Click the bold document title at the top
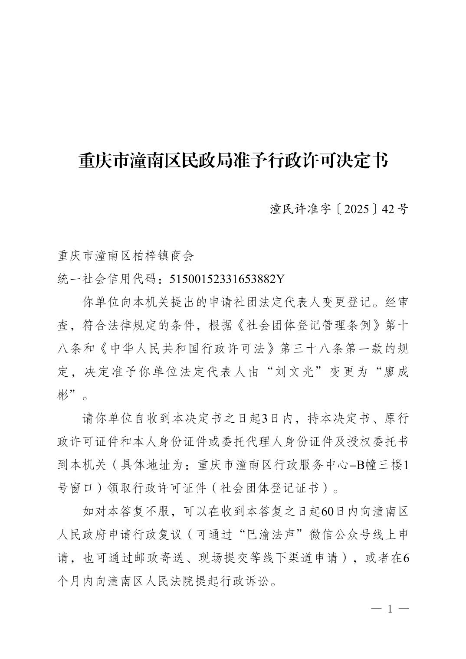coord(233,161)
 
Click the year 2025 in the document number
coord(358,209)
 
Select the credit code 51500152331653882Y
coord(226,279)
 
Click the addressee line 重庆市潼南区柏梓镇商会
coord(125,256)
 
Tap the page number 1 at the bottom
coord(389,610)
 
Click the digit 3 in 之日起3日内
coord(265,418)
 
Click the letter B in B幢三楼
coord(360,465)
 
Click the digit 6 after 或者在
coord(406,558)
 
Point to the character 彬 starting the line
coord(63,395)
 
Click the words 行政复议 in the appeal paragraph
coord(150,535)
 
